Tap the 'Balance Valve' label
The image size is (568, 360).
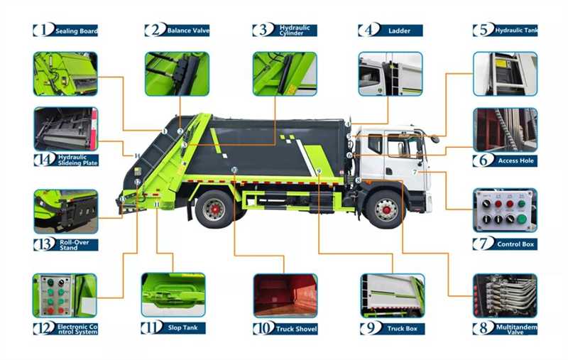click(187, 31)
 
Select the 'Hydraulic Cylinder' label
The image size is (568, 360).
click(295, 31)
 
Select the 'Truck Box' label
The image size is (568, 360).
click(403, 329)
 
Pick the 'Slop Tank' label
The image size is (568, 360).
click(183, 329)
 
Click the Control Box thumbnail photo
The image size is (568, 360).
click(505, 211)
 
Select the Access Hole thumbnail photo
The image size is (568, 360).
click(505, 129)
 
